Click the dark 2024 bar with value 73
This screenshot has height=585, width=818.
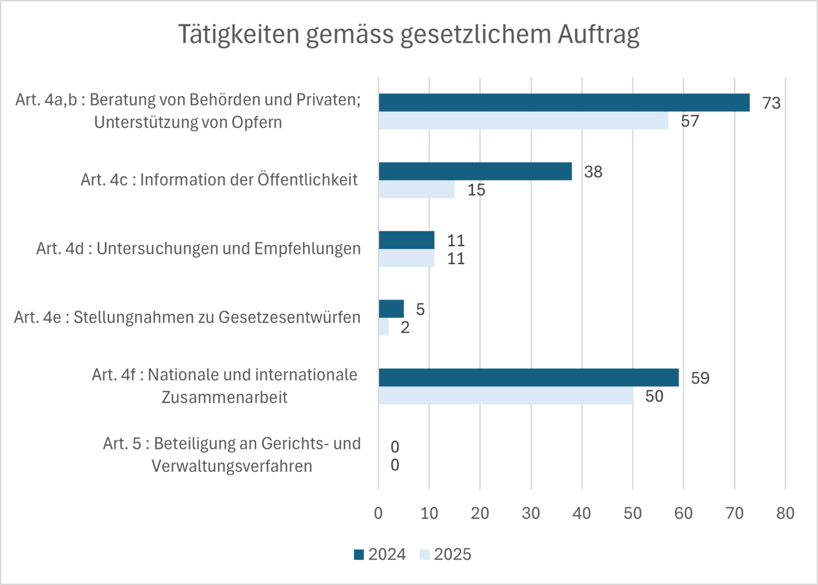pos(564,102)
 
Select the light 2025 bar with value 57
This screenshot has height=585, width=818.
pos(523,121)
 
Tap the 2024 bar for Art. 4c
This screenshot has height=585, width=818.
pos(475,171)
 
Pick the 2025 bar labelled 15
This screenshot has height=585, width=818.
pos(417,190)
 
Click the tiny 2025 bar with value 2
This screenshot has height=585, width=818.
pos(384,327)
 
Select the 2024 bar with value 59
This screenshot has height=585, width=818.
pos(528,378)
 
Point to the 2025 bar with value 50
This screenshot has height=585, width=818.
pos(506,396)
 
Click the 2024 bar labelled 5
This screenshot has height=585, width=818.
pos(391,309)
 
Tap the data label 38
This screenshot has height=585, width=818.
pos(593,172)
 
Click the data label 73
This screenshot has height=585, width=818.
pos(771,103)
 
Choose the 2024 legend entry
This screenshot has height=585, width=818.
pos(380,555)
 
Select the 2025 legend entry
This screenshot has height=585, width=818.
pos(446,555)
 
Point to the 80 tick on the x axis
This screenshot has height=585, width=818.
pos(785,513)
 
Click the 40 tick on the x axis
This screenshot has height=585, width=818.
pos(581,513)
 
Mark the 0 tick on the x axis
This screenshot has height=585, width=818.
pos(378,513)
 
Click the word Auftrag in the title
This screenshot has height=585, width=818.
pos(598,34)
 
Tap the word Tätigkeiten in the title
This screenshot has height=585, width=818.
pos(239,34)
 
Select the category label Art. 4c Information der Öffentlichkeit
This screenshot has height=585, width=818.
pos(219,179)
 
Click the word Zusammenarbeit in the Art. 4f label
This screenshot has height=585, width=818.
pos(225,397)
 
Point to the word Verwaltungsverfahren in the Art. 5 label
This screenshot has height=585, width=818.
pos(232,466)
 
